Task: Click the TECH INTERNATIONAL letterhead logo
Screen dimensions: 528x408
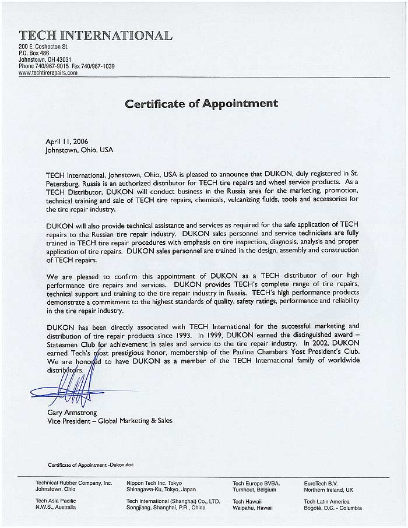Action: [96, 35]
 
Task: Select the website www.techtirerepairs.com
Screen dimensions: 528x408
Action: [48, 73]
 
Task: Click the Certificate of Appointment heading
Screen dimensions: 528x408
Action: [202, 104]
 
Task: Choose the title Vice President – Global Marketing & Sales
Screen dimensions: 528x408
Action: [110, 420]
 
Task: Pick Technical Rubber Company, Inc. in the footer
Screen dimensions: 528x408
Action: [73, 483]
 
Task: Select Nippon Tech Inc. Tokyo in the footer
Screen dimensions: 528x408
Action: [154, 483]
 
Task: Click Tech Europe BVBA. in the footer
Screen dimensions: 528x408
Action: [256, 483]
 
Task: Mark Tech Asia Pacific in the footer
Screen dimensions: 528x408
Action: [56, 501]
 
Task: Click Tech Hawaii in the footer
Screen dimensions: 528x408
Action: [247, 501]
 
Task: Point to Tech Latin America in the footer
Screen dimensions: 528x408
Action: [327, 501]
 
